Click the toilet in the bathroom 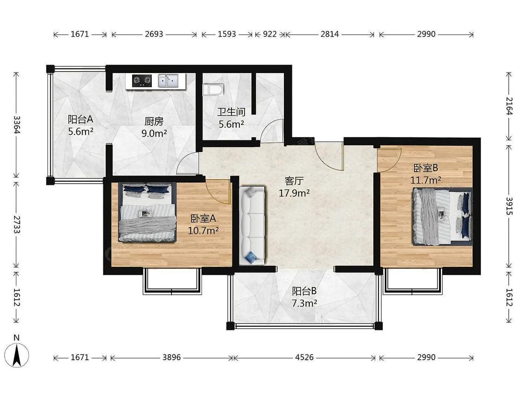pyautogui.click(x=213, y=89)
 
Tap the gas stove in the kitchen pyautogui.click(x=141, y=80)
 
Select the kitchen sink pyautogui.click(x=168, y=80)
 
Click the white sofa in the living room pyautogui.click(x=252, y=226)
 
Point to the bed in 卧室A pyautogui.click(x=147, y=212)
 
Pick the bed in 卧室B pyautogui.click(x=442, y=217)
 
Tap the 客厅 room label pyautogui.click(x=294, y=181)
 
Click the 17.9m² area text pyautogui.click(x=294, y=193)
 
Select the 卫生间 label pyautogui.click(x=231, y=112)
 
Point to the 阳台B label pyautogui.click(x=304, y=291)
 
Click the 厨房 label pyautogui.click(x=154, y=121)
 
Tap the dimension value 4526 pyautogui.click(x=304, y=357)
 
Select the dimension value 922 pyautogui.click(x=269, y=34)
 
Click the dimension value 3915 pyautogui.click(x=510, y=206)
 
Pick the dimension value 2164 pyautogui.click(x=510, y=106)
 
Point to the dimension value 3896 pyautogui.click(x=172, y=357)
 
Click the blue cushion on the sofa pyautogui.click(x=251, y=257)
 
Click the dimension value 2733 pyautogui.click(x=16, y=224)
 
